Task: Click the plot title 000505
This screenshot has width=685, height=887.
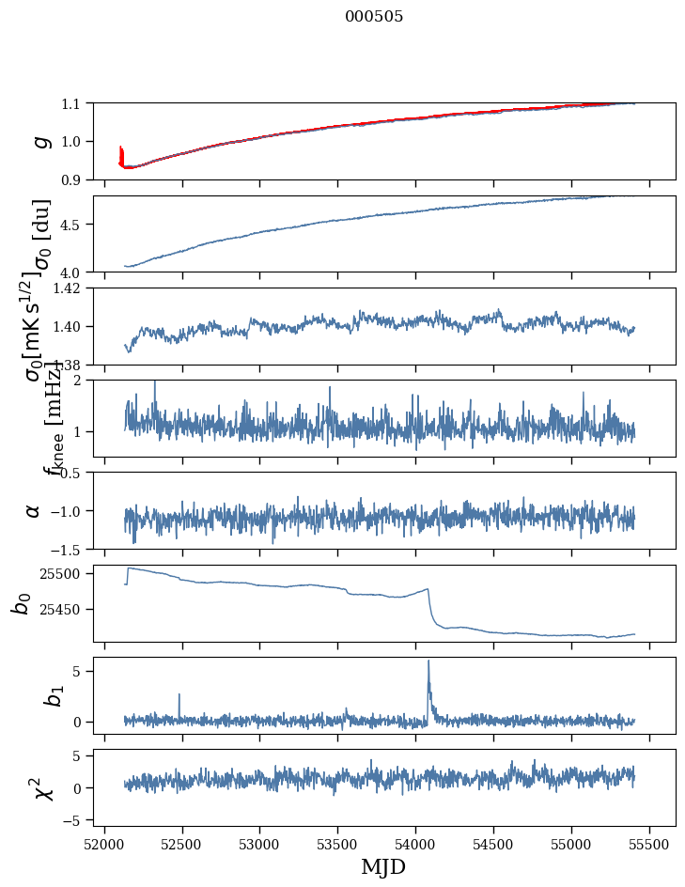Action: coord(374,17)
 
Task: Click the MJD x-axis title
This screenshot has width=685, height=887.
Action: coord(383,867)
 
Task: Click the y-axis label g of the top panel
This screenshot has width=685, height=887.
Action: coord(39,141)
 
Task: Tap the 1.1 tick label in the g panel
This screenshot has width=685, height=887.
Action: coord(71,102)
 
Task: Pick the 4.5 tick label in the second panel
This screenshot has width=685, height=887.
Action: coord(71,225)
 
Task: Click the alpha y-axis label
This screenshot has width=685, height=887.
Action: coord(34,510)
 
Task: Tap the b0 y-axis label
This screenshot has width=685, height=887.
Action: coord(22,602)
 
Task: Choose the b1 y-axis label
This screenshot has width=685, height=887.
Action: coord(25,695)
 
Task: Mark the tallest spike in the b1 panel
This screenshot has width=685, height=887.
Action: coord(428,661)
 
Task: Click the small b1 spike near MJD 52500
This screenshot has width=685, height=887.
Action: coord(179,696)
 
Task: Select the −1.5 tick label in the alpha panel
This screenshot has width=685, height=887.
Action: coord(68,549)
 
